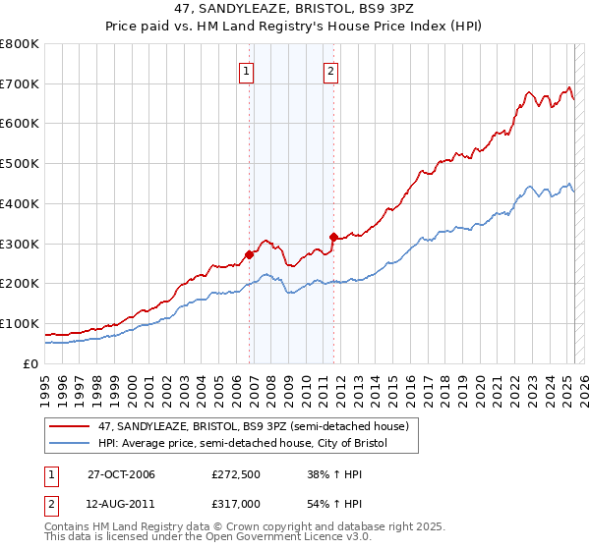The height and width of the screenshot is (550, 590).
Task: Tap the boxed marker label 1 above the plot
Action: [246, 70]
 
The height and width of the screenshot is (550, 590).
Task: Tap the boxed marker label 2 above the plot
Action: [331, 70]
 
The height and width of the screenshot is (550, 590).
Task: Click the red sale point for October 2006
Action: [250, 254]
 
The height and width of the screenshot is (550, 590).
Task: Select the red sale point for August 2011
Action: [333, 236]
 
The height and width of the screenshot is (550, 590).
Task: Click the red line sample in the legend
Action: [69, 426]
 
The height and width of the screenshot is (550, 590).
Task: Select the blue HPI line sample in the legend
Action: [69, 444]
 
